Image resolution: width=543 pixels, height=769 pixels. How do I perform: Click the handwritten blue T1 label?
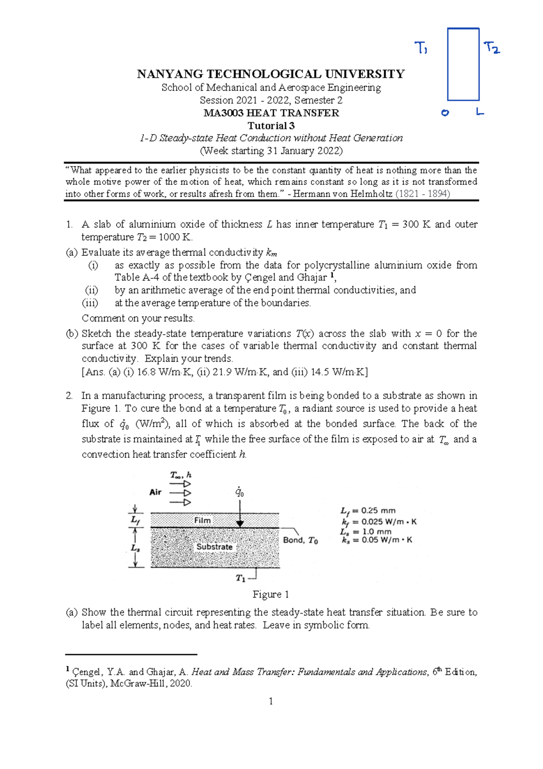coord(421,48)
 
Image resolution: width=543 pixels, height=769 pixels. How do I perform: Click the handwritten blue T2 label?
coord(491,48)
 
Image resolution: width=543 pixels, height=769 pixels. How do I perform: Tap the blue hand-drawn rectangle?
coord(463,64)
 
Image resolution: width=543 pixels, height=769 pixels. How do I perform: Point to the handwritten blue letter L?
coord(480,111)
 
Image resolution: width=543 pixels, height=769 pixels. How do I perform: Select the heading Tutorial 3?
coord(271,125)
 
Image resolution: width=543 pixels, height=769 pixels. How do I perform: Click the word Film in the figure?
coord(202,520)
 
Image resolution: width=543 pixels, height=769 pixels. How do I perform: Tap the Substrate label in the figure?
coord(214,547)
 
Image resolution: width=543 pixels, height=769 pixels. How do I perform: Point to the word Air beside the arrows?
coord(155,492)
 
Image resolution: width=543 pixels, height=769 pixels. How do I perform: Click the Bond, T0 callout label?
coord(300,540)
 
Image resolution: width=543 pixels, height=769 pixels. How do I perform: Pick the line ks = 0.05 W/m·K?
coord(377,540)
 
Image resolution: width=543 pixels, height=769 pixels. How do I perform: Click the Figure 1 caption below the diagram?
coord(271,594)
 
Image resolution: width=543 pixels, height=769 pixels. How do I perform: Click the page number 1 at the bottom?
coord(271,702)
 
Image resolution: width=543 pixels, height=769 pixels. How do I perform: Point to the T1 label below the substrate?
coord(240,578)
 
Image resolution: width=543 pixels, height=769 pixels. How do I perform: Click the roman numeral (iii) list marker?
coord(90,303)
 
